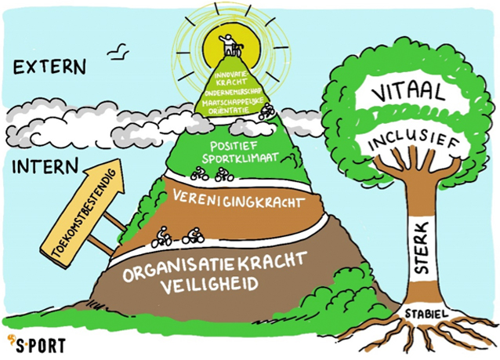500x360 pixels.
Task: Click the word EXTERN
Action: click(49, 68)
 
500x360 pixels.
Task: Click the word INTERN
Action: click(45, 166)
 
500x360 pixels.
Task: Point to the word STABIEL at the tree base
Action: click(426, 314)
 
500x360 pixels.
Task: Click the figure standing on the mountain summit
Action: click(229, 44)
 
